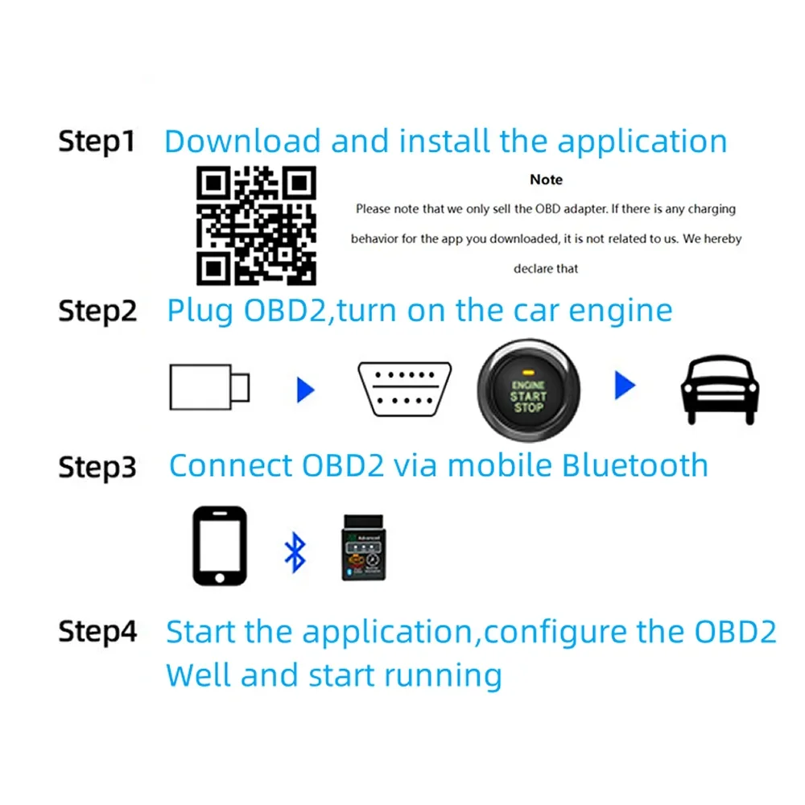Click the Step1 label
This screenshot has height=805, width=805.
pyautogui.click(x=96, y=142)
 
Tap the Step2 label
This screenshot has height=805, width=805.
pyautogui.click(x=97, y=311)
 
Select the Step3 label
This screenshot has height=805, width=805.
pyautogui.click(x=97, y=467)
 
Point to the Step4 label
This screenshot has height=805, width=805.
pyautogui.click(x=97, y=632)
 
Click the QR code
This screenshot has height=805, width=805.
pyautogui.click(x=257, y=225)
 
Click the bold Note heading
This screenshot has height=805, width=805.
pyautogui.click(x=546, y=180)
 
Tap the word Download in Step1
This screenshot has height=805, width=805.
pyautogui.click(x=242, y=142)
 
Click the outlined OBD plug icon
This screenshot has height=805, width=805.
pyautogui.click(x=209, y=388)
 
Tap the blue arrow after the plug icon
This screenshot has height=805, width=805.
pyautogui.click(x=305, y=390)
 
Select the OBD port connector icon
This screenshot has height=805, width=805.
pyautogui.click(x=404, y=389)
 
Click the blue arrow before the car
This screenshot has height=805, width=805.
pyautogui.click(x=625, y=385)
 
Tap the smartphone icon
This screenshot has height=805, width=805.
pyautogui.click(x=219, y=545)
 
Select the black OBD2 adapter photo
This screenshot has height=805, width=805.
pyautogui.click(x=365, y=547)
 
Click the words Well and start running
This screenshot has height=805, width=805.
pyautogui.click(x=333, y=675)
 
